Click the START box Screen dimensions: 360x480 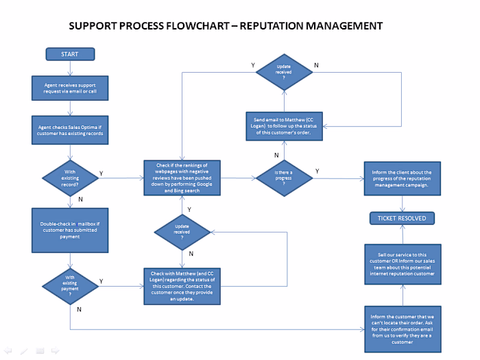point(70,54)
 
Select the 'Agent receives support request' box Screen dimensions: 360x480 point(70,86)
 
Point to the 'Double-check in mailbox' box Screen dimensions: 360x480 point(70,230)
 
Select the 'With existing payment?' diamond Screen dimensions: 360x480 point(70,284)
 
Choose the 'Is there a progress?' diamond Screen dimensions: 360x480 point(284,178)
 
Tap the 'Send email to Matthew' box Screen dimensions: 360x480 point(283,126)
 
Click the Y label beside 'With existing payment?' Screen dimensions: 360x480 point(101,280)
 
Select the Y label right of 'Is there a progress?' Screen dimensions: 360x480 point(317,171)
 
